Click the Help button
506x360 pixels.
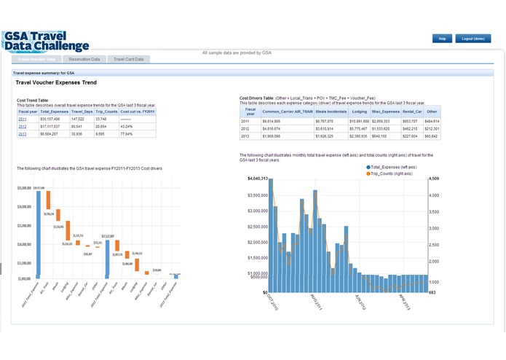pyautogui.click(x=441, y=38)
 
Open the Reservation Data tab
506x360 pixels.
pyautogui.click(x=84, y=59)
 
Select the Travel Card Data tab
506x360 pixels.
pyautogui.click(x=128, y=59)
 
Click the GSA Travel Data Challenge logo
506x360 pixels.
pyautogui.click(x=45, y=41)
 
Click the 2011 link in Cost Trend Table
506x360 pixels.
pyautogui.click(x=23, y=118)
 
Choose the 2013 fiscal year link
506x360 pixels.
pyautogui.click(x=23, y=134)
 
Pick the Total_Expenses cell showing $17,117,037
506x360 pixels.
pyautogui.click(x=54, y=126)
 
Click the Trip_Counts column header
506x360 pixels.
pyautogui.click(x=106, y=111)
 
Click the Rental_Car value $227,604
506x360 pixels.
pyautogui.click(x=410, y=136)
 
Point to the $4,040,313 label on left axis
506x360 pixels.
pyautogui.click(x=258, y=179)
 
